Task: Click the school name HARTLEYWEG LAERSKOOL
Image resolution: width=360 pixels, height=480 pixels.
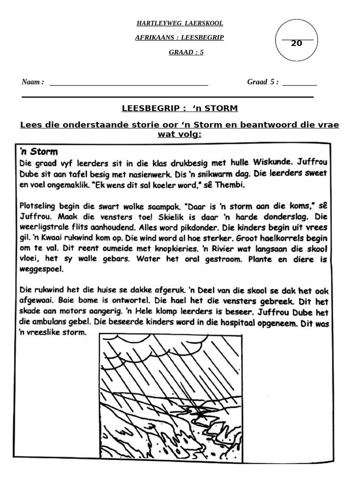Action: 180,23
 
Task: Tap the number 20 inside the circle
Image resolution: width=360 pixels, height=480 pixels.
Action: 296,44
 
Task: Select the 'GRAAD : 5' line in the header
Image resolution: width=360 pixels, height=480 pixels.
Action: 186,52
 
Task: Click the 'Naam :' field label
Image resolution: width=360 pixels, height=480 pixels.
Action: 33,82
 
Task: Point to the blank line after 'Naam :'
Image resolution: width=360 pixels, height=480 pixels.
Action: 128,85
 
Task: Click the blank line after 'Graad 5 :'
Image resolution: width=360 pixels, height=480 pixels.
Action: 300,85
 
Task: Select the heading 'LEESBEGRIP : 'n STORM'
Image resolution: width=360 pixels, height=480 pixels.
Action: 180,108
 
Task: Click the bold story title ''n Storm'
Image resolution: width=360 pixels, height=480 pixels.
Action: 38,151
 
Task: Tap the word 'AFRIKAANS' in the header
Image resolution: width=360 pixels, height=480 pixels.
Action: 155,38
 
